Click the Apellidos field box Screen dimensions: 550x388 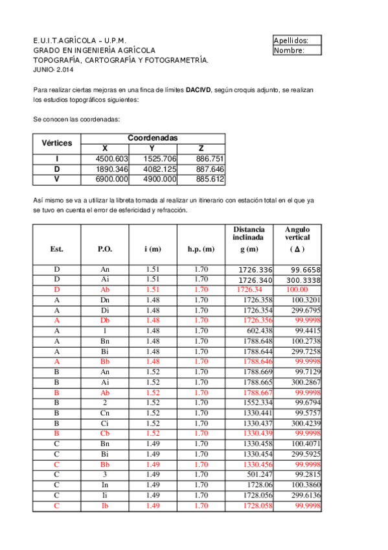coord(297,40)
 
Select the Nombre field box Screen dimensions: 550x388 coord(297,50)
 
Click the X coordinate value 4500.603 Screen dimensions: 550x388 coord(113,159)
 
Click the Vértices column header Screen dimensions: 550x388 coord(56,143)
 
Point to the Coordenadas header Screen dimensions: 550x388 coord(153,138)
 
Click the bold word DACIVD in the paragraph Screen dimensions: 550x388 coord(198,91)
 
